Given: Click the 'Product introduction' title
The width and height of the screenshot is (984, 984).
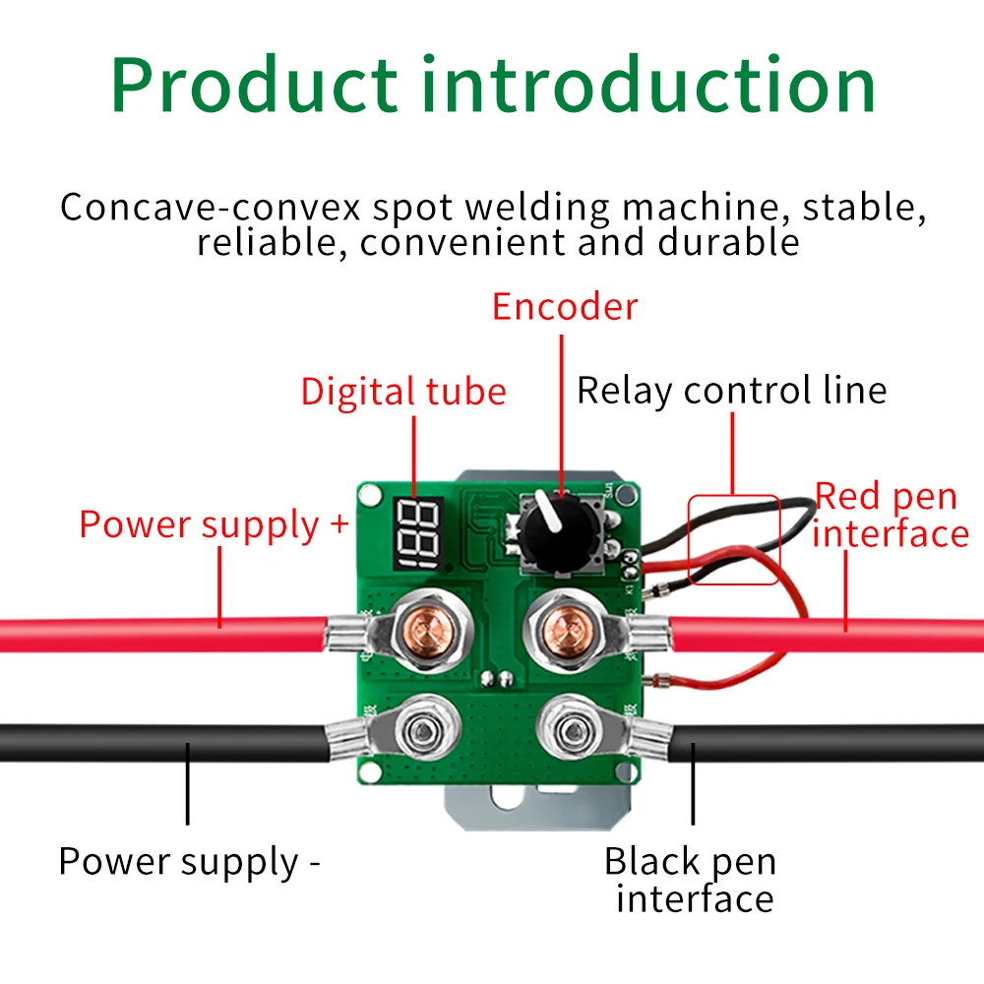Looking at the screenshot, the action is click(493, 85).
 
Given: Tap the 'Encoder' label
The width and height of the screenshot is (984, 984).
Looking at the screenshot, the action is click(565, 307).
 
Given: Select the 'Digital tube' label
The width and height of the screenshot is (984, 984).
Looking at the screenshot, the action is click(403, 394).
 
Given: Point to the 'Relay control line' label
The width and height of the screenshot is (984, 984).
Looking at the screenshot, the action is click(732, 391).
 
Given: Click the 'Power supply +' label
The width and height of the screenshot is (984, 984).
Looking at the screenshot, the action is click(214, 525).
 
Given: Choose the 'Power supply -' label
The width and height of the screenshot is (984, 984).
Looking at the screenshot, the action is click(190, 862).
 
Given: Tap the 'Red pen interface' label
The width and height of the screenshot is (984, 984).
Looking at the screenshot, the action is click(891, 516).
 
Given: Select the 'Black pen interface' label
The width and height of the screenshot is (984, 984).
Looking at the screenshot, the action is click(691, 879).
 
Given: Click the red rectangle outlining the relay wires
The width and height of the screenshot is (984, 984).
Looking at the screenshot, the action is click(734, 539).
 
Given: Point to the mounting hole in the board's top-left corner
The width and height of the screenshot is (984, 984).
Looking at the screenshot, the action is click(370, 495).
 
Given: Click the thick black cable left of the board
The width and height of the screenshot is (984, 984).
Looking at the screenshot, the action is click(164, 743).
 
